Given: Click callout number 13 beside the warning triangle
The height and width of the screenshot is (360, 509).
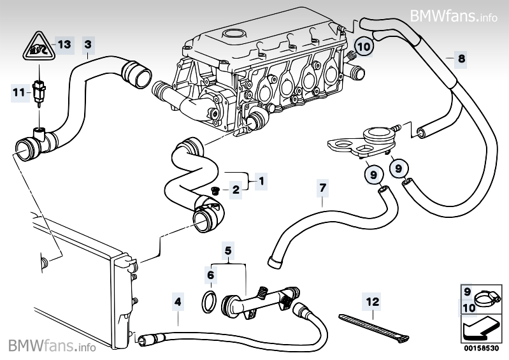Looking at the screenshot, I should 64,44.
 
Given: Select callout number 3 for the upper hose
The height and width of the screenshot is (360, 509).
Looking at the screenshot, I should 88,44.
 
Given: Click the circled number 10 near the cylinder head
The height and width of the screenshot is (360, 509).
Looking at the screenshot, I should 362,46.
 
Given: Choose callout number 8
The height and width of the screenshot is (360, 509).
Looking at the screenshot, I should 461,58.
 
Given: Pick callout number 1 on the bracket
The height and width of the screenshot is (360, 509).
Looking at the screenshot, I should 260,181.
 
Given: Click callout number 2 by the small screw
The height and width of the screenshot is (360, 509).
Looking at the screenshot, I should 234,189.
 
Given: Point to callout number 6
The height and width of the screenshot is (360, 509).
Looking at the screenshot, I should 210,275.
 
